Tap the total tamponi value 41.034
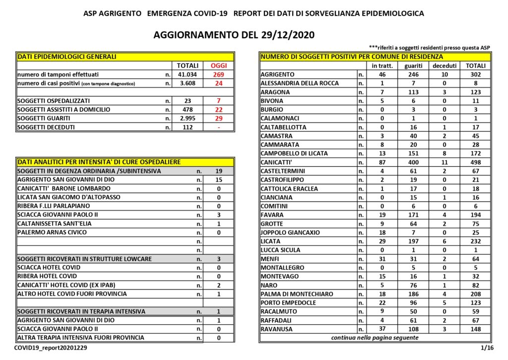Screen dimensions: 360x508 click(x=188, y=74)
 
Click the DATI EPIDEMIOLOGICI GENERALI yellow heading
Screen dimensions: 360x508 click(x=67, y=57)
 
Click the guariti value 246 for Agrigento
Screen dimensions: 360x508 click(x=413, y=74)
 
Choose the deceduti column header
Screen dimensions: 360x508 click(x=444, y=66)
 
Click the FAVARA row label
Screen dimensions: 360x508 click(x=272, y=215)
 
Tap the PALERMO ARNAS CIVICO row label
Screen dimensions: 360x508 click(x=52, y=232)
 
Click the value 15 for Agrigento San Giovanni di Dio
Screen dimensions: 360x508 click(x=218, y=180)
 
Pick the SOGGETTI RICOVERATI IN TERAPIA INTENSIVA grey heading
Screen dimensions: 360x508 click(x=81, y=311)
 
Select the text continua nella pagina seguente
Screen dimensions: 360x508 click(x=375, y=338)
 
